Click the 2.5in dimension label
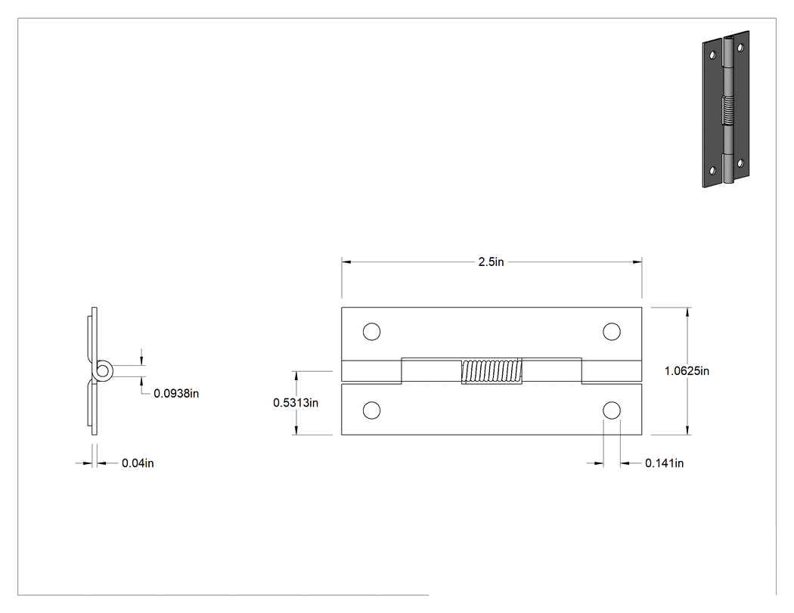pyautogui.click(x=492, y=262)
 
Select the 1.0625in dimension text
pyautogui.click(x=687, y=371)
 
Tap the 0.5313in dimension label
pyautogui.click(x=296, y=402)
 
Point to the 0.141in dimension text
pyautogui.click(x=665, y=463)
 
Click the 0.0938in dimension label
pyautogui.click(x=176, y=393)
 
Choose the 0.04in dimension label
pyautogui.click(x=138, y=463)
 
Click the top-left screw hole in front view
pyautogui.click(x=372, y=332)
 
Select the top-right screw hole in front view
pyautogui.click(x=612, y=332)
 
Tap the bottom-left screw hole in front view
pyautogui.click(x=372, y=410)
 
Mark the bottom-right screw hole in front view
pyautogui.click(x=612, y=410)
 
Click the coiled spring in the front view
pyautogui.click(x=492, y=371)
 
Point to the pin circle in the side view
pyautogui.click(x=104, y=370)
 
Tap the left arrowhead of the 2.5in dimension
pyautogui.click(x=346, y=262)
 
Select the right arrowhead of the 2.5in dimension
pyautogui.click(x=637, y=262)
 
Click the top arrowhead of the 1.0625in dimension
pyautogui.click(x=687, y=312)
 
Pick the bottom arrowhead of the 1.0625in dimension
pyautogui.click(x=687, y=430)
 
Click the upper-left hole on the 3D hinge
pyautogui.click(x=712, y=54)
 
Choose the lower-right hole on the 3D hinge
pyautogui.click(x=740, y=163)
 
